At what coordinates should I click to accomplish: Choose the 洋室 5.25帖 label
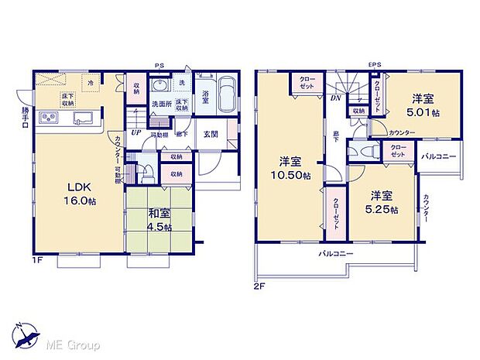coord(382,201)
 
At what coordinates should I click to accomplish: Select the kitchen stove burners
coord(49,118)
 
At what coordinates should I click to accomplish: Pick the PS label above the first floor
coord(158,66)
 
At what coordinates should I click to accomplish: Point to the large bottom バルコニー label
coord(335,254)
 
